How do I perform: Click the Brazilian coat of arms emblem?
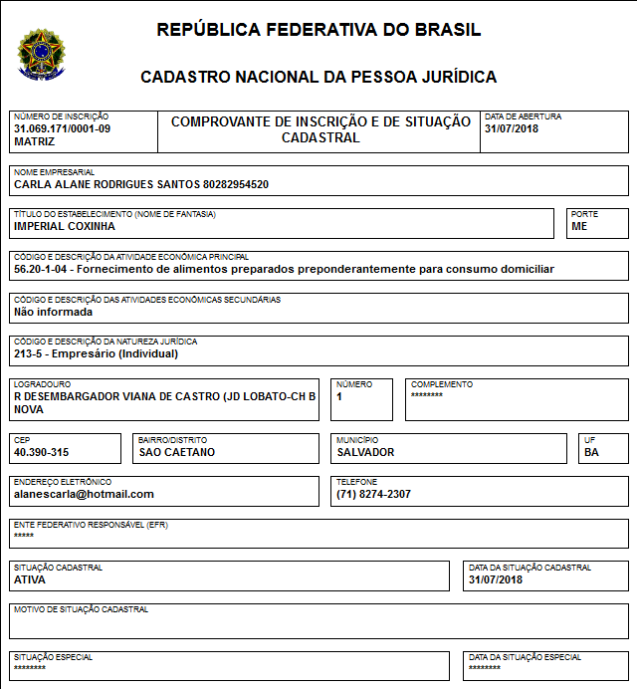(x=41, y=54)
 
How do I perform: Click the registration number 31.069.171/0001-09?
(x=63, y=129)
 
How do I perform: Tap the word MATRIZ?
(x=35, y=141)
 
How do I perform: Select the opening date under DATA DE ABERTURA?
(x=511, y=129)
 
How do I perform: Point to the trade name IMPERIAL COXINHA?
(x=65, y=226)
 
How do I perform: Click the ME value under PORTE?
(x=579, y=226)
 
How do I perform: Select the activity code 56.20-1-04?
(x=42, y=269)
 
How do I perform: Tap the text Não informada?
(x=53, y=311)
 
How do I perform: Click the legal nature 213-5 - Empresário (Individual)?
(x=96, y=352)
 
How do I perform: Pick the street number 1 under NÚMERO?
(x=339, y=395)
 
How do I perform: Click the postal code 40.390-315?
(x=41, y=452)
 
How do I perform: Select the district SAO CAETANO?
(x=177, y=452)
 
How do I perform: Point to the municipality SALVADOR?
(x=365, y=452)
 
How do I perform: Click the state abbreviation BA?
(x=592, y=452)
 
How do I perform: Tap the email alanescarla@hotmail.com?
(x=84, y=494)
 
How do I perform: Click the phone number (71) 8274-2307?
(x=373, y=494)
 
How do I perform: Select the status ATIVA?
(x=29, y=579)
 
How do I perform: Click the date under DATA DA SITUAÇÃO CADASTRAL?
(x=496, y=579)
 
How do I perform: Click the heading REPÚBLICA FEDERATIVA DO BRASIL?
(x=318, y=30)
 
